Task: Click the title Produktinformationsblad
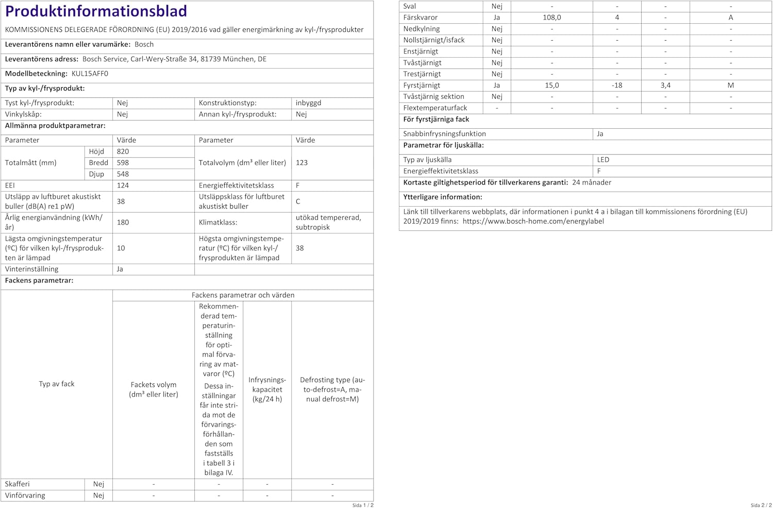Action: [96, 11]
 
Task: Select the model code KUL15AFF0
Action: [90, 74]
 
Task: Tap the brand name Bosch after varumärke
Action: [144, 44]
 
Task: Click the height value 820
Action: [123, 151]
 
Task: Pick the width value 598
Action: [123, 163]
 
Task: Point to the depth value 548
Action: [123, 174]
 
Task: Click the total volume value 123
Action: [301, 163]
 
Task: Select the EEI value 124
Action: [123, 185]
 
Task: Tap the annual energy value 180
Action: [123, 222]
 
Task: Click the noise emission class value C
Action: [298, 201]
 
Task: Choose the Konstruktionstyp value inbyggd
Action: [308, 103]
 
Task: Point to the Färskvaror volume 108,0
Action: [551, 18]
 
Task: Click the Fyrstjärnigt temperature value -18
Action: [617, 86]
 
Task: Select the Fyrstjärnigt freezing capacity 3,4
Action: [665, 86]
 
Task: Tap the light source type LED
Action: [603, 160]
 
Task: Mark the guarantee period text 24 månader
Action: [592, 182]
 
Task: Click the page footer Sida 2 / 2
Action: [761, 505]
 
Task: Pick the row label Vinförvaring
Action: [25, 496]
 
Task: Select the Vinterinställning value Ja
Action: [120, 269]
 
